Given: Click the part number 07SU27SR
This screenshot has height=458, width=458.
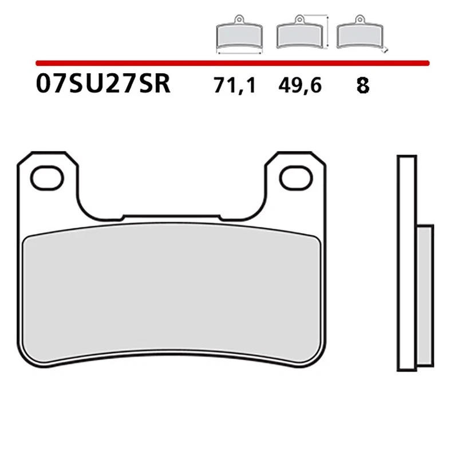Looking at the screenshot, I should [102, 85].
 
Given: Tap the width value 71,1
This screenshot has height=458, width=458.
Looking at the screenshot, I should [234, 86].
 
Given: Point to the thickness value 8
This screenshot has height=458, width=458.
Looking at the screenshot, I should [362, 86].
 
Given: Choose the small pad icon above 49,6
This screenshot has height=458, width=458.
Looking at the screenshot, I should [298, 36].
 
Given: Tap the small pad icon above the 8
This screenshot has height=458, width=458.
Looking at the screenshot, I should [359, 36].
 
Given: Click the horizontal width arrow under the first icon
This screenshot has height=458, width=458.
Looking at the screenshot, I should [239, 52].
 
